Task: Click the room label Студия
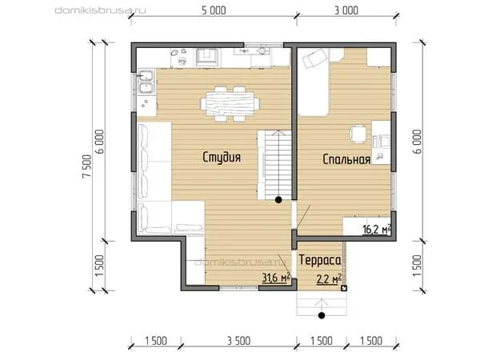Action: pyautogui.click(x=222, y=158)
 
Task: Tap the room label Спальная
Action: pyautogui.click(x=346, y=159)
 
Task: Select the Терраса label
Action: pyautogui.click(x=320, y=260)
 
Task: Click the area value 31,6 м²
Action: pyautogui.click(x=276, y=278)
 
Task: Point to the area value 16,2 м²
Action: pyautogui.click(x=377, y=229)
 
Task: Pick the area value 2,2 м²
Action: pyautogui.click(x=329, y=279)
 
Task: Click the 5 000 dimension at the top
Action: pyautogui.click(x=214, y=10)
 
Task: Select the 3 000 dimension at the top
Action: pyautogui.click(x=346, y=10)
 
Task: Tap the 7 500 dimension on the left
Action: pyautogui.click(x=87, y=166)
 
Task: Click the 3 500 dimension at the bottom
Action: pyautogui.click(x=238, y=341)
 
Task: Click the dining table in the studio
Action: pyautogui.click(x=230, y=104)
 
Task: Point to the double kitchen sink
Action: pyautogui.click(x=146, y=82)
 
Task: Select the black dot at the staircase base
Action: pyautogui.click(x=278, y=200)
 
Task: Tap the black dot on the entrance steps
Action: pyautogui.click(x=322, y=315)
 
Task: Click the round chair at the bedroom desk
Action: pyautogui.click(x=358, y=134)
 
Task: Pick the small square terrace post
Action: pyautogui.click(x=344, y=288)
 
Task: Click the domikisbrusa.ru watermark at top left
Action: pyautogui.click(x=101, y=10)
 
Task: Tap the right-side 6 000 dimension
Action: pyautogui.click(x=418, y=142)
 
